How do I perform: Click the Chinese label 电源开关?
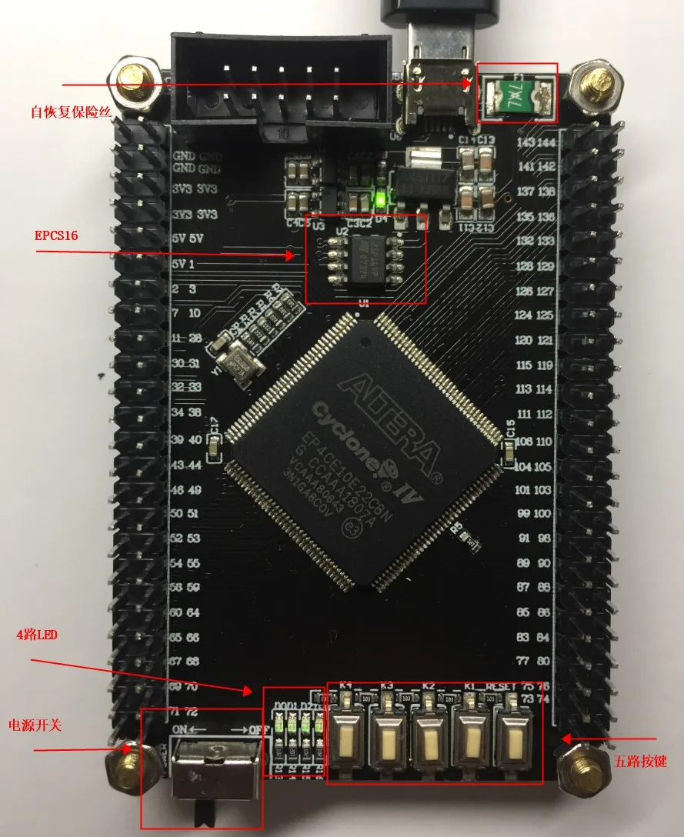34,725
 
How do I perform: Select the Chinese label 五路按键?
640,762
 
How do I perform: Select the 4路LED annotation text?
38,636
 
